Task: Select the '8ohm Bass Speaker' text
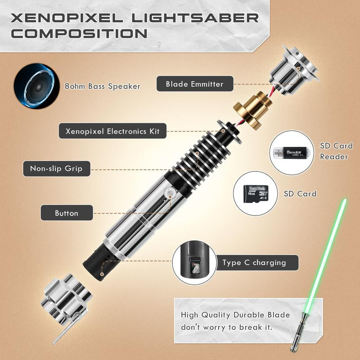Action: pos(102,86)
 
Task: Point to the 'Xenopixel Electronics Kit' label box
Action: pos(112,131)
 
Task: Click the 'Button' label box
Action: pos(67,213)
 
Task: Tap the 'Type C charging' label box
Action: pos(254,263)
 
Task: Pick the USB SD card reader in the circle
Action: pos(292,153)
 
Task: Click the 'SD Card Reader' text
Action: pos(336,151)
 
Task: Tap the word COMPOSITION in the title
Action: pos(79,34)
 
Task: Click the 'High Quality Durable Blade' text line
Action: pos(235,315)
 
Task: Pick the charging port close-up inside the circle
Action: pos(194,265)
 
